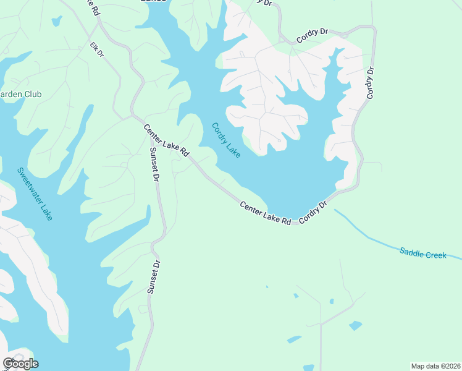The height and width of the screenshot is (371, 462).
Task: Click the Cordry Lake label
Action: pos(225,140)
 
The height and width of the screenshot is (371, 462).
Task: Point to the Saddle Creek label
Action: pos(423,254)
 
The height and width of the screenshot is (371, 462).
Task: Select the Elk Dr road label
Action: pos(97,51)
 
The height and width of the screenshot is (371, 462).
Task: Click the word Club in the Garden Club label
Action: pos(32,95)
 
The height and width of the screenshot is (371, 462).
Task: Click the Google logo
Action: pos(20,363)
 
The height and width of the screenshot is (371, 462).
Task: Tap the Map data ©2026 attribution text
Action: pos(435,366)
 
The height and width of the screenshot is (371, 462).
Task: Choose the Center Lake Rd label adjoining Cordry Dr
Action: pos(265,212)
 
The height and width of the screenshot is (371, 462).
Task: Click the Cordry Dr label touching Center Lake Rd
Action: pos(313,212)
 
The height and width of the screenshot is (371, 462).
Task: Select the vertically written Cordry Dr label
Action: pos(371,83)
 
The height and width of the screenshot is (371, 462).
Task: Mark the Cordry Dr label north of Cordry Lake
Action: pos(312,36)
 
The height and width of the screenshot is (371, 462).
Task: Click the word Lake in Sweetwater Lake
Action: pos(46,211)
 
